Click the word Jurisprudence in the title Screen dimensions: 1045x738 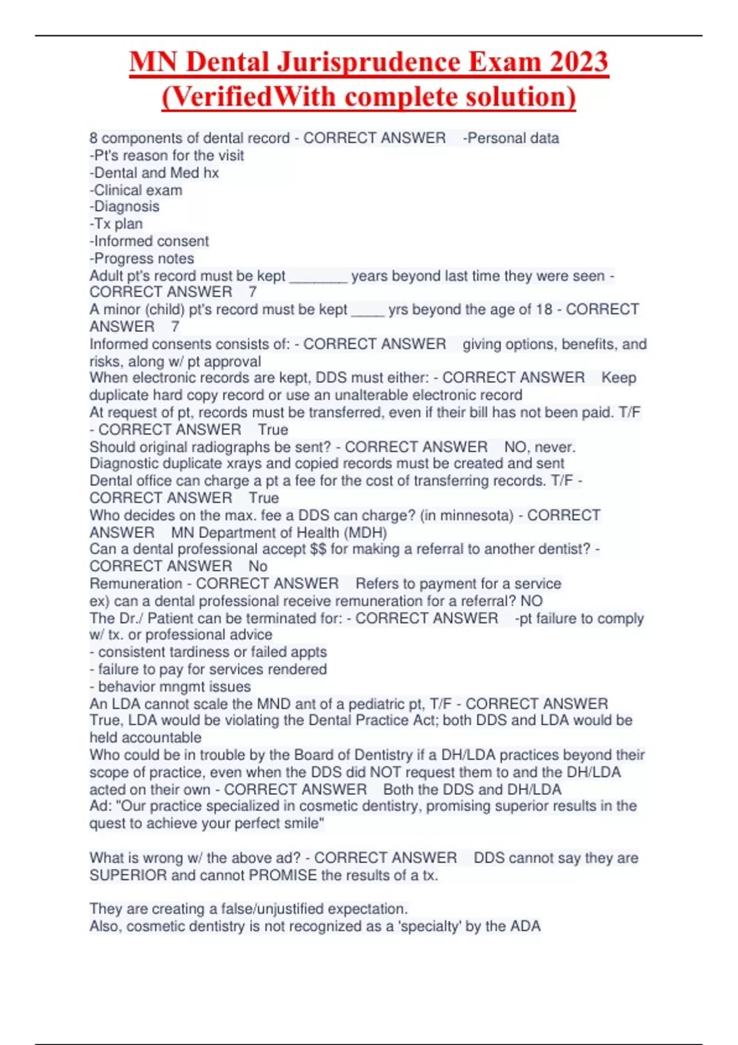coord(368,63)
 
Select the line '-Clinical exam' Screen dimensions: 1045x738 coord(136,190)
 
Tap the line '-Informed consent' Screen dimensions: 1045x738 coord(149,241)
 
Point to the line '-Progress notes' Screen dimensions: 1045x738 coord(142,258)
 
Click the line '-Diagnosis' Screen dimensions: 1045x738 coord(125,207)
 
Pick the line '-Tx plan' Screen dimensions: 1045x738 coord(116,224)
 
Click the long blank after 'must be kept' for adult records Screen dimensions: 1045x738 coord(319,277)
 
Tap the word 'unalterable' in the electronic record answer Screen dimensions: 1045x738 coord(367,395)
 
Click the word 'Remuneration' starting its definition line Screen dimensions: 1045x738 coord(136,583)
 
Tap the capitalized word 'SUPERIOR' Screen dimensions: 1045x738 coord(128,875)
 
